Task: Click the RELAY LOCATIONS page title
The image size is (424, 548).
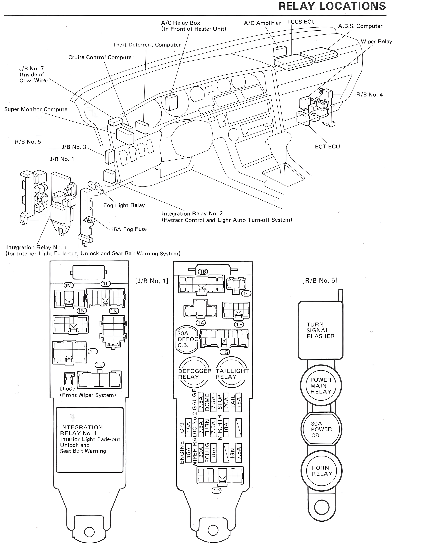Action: click(332, 6)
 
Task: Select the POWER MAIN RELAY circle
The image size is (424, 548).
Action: click(321, 386)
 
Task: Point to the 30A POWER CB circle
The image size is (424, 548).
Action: click(321, 429)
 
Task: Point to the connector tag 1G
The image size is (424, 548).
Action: click(225, 352)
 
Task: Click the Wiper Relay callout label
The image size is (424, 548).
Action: click(376, 42)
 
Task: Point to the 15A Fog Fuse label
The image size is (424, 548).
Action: click(129, 229)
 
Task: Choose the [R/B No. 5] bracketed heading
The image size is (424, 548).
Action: click(320, 280)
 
